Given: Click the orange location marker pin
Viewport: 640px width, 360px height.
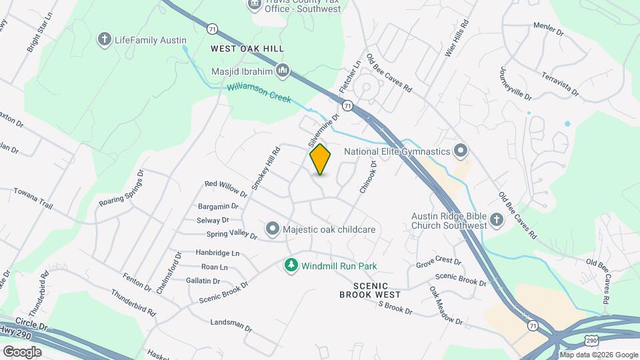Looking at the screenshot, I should pyautogui.click(x=320, y=159).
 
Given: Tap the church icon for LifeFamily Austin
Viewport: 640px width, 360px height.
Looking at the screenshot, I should pyautogui.click(x=104, y=40).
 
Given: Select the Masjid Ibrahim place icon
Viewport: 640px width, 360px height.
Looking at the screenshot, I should pyautogui.click(x=283, y=70).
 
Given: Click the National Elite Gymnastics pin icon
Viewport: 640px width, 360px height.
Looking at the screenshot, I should pyautogui.click(x=459, y=151).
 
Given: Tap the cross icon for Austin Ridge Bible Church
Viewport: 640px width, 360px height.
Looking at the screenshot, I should pyautogui.click(x=496, y=219).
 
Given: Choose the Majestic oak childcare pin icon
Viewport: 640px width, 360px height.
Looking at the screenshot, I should pyautogui.click(x=272, y=229).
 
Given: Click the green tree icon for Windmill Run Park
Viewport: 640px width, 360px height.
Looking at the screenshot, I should pyautogui.click(x=291, y=266).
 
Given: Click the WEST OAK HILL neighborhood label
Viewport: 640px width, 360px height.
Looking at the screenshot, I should pyautogui.click(x=247, y=49).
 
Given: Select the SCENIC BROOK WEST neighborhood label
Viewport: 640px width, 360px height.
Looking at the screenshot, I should pyautogui.click(x=370, y=289).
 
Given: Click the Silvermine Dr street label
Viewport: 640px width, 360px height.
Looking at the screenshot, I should pyautogui.click(x=324, y=129).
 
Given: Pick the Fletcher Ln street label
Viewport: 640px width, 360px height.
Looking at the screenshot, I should pyautogui.click(x=349, y=77).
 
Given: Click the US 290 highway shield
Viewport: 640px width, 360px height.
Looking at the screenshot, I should pyautogui.click(x=591, y=340).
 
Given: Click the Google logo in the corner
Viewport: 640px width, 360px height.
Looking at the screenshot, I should pyautogui.click(x=22, y=351).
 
